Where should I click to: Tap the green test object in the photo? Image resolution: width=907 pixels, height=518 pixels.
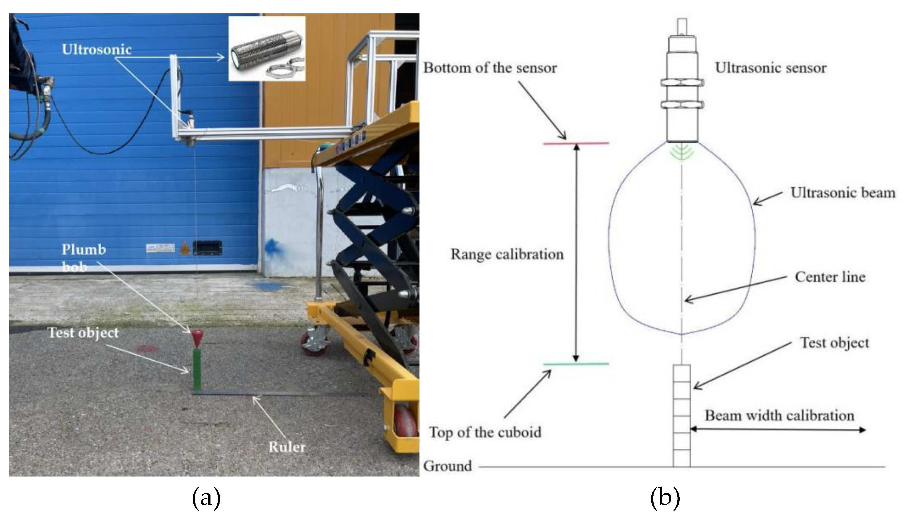click(x=196, y=370)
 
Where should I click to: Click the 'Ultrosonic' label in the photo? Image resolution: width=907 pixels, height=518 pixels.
click(x=97, y=49)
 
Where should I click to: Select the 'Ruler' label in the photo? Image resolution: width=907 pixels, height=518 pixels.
click(x=287, y=447)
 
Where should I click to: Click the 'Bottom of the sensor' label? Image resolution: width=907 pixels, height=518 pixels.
click(x=489, y=68)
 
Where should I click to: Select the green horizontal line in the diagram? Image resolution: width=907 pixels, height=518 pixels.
click(x=576, y=364)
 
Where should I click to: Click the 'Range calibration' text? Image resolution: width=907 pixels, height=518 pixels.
click(x=507, y=254)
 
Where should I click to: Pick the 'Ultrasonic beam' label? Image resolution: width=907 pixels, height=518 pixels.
click(x=843, y=192)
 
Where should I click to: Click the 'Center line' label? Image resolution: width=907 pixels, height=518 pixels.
click(x=830, y=277)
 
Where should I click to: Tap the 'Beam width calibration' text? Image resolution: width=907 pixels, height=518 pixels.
click(x=779, y=416)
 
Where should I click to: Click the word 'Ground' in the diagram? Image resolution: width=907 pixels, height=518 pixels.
click(x=447, y=466)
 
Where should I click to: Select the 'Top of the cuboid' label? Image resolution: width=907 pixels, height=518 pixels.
click(x=485, y=432)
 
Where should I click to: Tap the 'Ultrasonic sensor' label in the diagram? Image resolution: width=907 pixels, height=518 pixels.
click(x=771, y=68)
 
